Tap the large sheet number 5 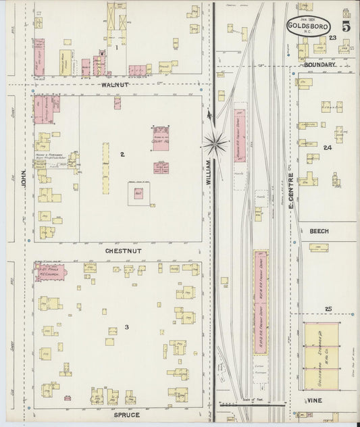346,28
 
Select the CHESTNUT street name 122,251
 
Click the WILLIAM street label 209,172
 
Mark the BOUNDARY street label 319,65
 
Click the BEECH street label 319,231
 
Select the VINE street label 315,401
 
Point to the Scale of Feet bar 255,404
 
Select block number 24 328,147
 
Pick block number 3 126,328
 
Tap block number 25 328,309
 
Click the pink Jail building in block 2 138,193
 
